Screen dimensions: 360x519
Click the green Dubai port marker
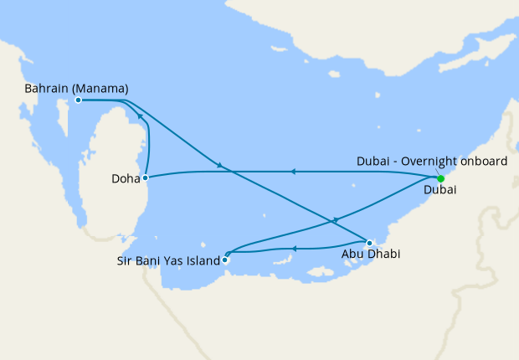[x=440, y=177]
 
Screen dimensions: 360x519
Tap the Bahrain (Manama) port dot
[x=78, y=100]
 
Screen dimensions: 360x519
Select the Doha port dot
[x=146, y=177]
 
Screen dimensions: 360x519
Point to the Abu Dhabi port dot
[x=369, y=243]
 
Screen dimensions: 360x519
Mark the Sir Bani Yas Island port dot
[x=224, y=260]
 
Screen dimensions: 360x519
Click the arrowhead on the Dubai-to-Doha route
[x=292, y=172]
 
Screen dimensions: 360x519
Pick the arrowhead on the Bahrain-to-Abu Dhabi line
[x=220, y=165]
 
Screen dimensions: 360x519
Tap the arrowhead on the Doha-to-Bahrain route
[x=141, y=117]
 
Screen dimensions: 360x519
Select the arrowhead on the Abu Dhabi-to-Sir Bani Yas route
[x=295, y=248]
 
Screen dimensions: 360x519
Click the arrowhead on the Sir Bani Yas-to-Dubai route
[x=335, y=219]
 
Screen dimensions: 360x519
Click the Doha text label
[x=125, y=178]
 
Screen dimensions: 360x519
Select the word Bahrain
[x=47, y=87]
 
